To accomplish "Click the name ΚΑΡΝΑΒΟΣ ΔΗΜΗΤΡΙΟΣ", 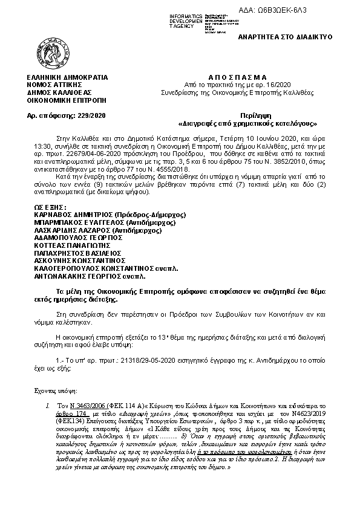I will (x=66, y=197).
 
